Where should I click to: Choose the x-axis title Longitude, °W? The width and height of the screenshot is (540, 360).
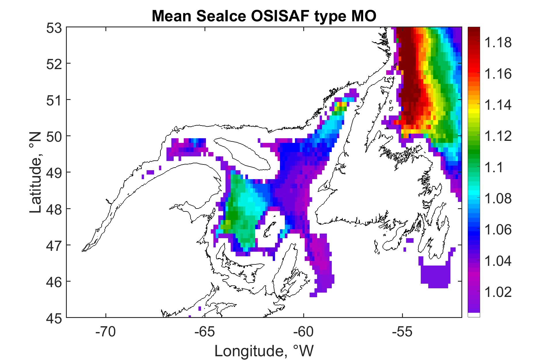264,351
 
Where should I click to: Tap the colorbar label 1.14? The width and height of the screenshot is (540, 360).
499,105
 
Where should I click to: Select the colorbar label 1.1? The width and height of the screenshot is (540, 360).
495,168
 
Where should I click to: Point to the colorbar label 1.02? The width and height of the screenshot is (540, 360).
499,292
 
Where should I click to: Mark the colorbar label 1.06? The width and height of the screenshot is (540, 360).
499,230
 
